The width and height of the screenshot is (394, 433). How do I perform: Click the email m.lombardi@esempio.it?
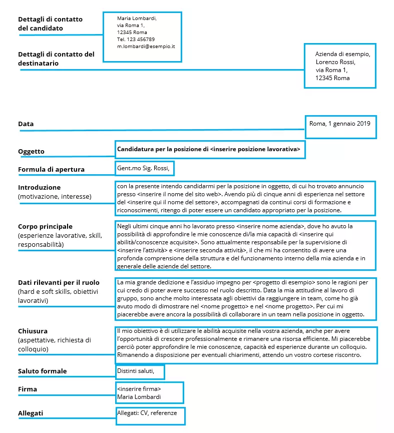click(146, 46)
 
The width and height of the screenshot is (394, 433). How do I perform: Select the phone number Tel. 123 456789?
click(136, 39)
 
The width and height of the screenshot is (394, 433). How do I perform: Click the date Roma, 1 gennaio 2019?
click(340, 123)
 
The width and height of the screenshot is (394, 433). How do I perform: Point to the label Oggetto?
click(31, 151)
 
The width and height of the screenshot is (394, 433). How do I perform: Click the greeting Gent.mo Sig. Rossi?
click(143, 167)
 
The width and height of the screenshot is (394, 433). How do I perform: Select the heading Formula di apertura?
click(51, 169)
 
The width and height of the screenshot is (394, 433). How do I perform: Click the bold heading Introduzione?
click(39, 188)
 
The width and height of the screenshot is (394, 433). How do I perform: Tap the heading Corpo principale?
click(45, 226)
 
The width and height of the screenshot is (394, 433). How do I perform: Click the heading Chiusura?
click(33, 331)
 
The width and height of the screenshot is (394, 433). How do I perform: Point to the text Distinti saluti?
click(139, 371)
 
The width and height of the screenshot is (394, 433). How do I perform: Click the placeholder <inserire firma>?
click(139, 389)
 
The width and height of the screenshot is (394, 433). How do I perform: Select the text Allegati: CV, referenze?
click(147, 413)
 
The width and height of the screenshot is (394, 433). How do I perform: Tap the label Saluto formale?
click(42, 371)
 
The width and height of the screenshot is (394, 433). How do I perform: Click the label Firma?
click(28, 389)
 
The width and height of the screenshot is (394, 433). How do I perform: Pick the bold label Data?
click(26, 124)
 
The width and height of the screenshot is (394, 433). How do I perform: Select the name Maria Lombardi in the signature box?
click(140, 397)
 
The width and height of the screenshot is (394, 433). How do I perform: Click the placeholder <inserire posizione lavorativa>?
click(255, 149)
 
